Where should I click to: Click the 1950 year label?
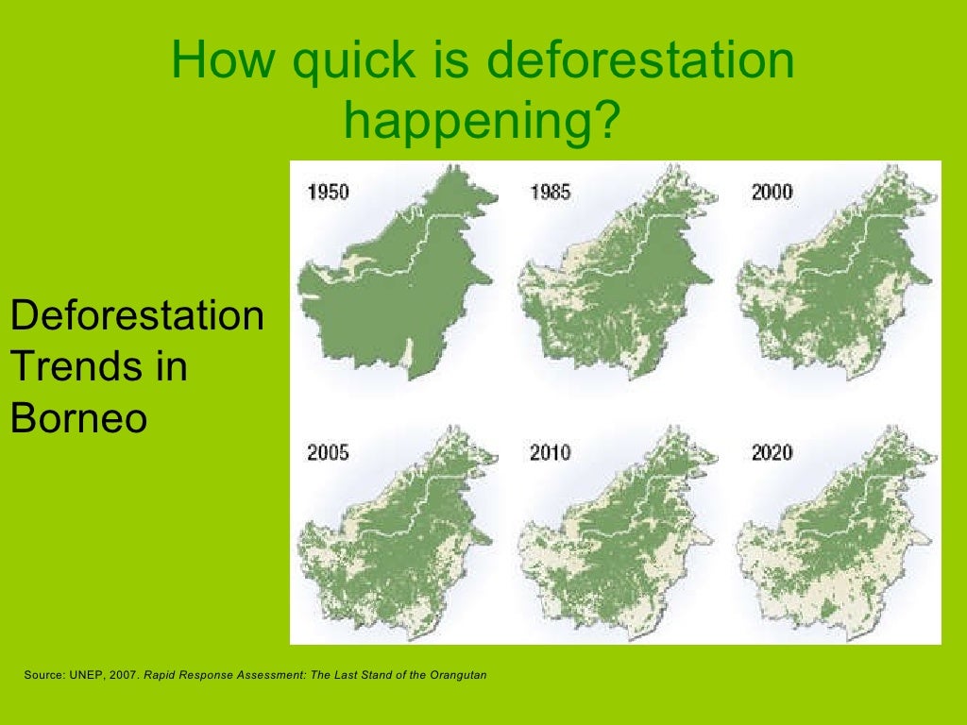[x=328, y=193]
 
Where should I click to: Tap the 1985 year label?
[x=550, y=193]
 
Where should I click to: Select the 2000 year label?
[x=772, y=193]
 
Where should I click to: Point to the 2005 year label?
[x=328, y=453]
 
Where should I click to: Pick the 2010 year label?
[x=550, y=453]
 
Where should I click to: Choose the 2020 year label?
[x=772, y=453]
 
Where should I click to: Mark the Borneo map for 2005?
[x=397, y=538]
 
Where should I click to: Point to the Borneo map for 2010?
[x=614, y=538]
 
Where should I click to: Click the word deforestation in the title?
[x=640, y=62]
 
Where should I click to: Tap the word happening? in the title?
[x=483, y=119]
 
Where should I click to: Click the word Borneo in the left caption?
[x=78, y=418]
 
